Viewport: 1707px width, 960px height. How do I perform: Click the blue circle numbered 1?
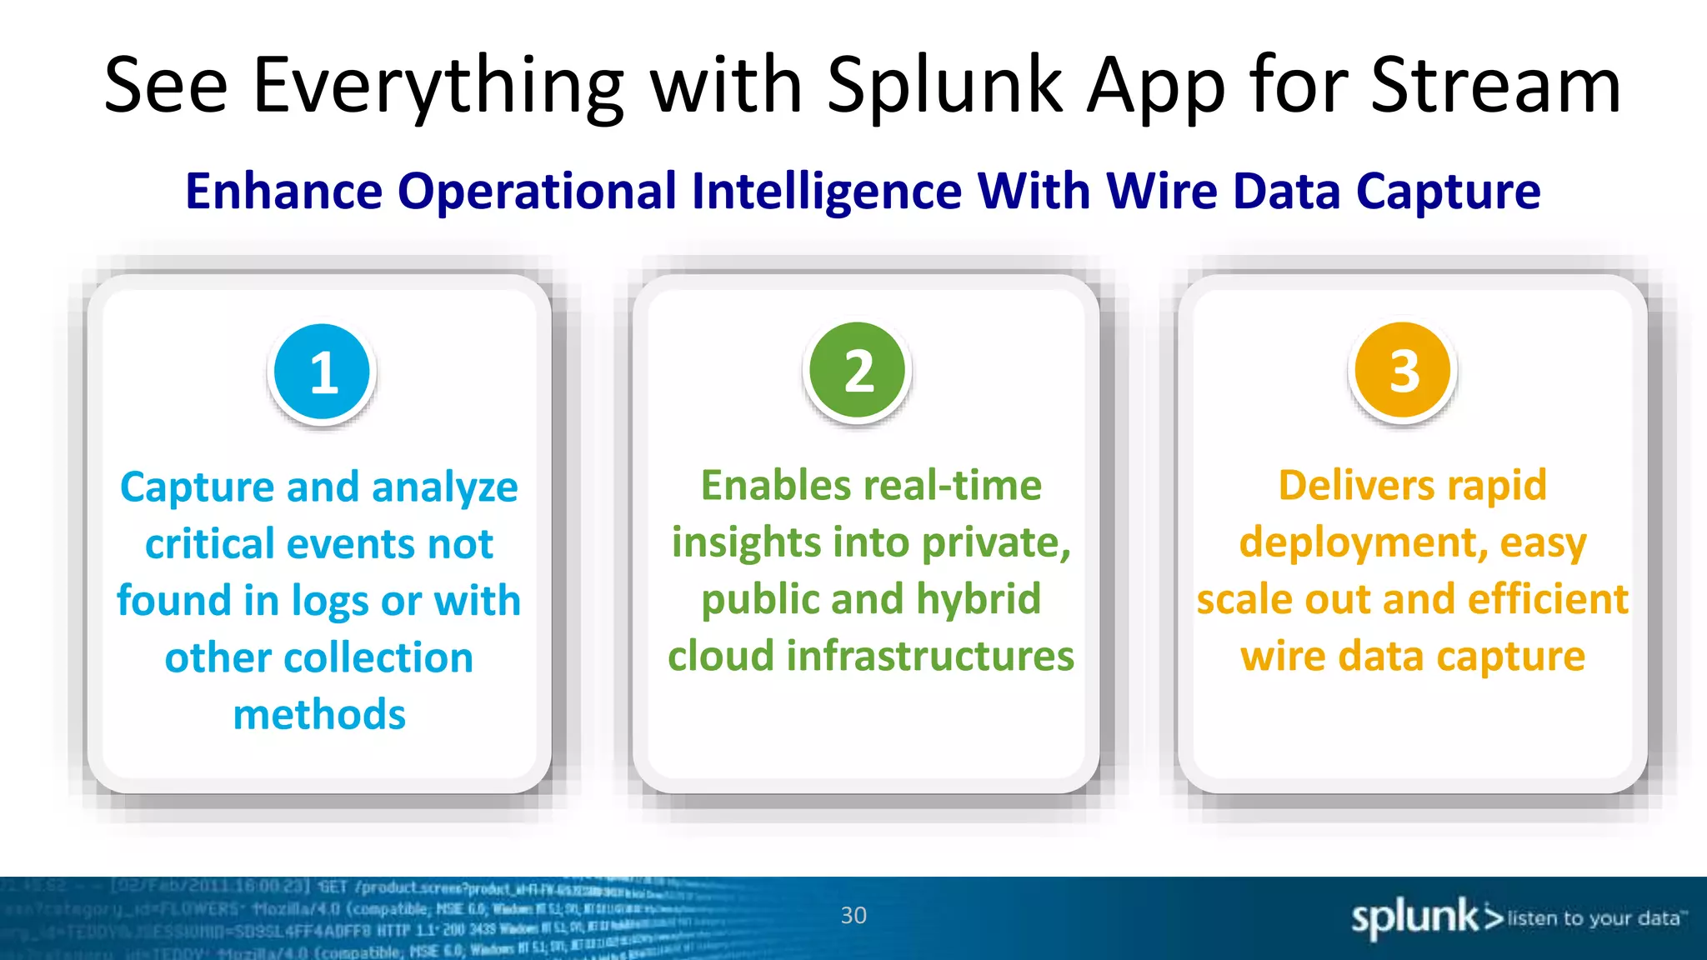coord(323,372)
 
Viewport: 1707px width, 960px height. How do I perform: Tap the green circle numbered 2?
coord(858,371)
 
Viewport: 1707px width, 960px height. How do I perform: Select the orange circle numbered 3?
coord(1404,371)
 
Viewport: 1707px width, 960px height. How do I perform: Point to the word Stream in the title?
coord(1495,86)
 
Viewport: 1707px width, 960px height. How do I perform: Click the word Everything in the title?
coord(438,86)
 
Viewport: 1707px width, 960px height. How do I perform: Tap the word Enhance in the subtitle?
coord(283,192)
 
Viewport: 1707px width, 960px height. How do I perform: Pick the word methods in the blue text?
coord(319,715)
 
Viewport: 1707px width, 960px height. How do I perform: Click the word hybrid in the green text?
coord(979,599)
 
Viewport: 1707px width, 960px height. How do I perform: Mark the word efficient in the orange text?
coord(1548,599)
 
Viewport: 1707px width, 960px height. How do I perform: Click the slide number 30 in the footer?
coord(853,916)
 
